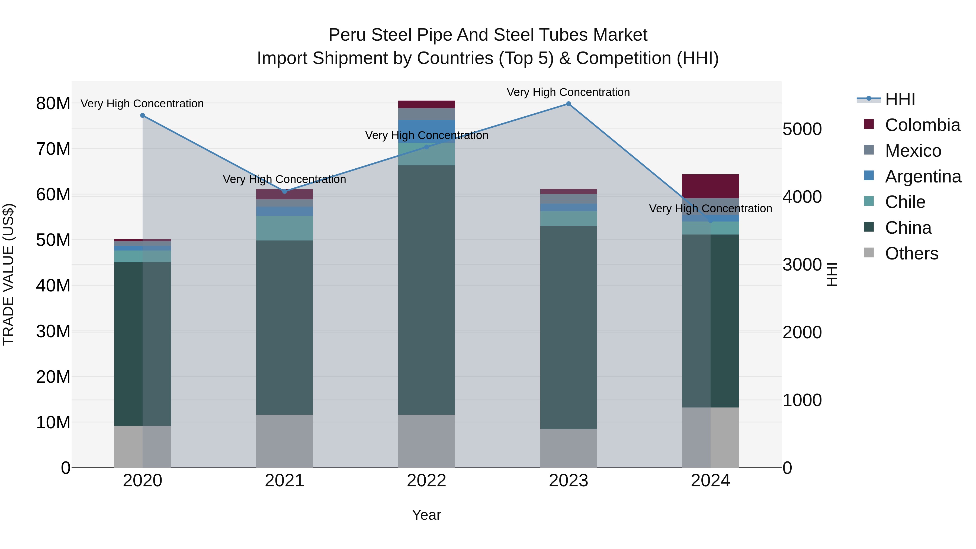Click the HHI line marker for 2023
coord(568,104)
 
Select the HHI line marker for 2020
coord(142,115)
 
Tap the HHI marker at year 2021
coord(285,191)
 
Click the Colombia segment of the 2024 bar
coord(710,186)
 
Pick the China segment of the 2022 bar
coord(426,290)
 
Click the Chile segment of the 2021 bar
coord(285,228)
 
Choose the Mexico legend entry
coord(913,151)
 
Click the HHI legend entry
coord(900,99)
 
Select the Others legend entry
coord(911,253)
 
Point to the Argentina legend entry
coord(923,176)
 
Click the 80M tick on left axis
coord(53,104)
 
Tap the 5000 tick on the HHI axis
coord(802,129)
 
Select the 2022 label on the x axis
coord(426,481)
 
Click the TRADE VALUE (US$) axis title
coord(8,274)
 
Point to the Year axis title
coord(426,515)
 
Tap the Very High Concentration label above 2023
coord(568,92)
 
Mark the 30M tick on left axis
coord(53,332)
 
